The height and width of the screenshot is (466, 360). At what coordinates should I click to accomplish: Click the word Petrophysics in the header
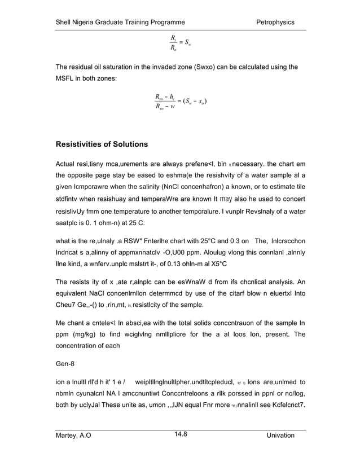[275, 22]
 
